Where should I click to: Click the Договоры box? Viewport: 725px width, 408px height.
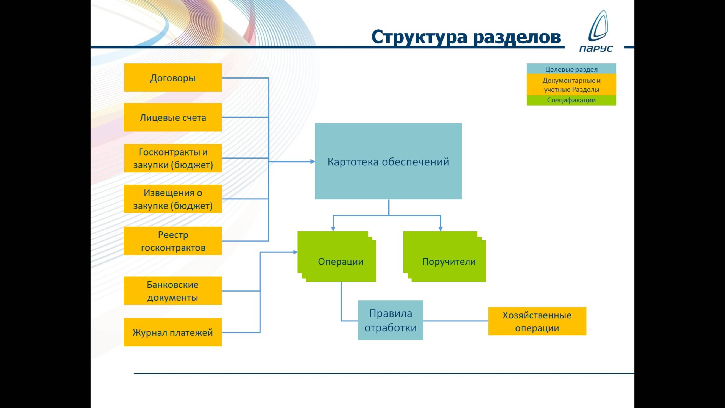coord(173,78)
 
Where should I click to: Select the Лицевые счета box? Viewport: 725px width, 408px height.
coord(173,117)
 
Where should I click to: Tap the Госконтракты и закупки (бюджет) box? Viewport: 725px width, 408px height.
coord(173,158)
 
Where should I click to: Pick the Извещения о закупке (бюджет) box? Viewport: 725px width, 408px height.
coord(173,199)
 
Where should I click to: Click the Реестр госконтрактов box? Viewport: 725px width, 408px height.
coord(173,241)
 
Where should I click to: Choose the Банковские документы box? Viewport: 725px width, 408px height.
coord(173,291)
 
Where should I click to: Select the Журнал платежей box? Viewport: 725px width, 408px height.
coord(173,332)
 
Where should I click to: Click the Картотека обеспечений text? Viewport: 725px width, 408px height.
coord(388,162)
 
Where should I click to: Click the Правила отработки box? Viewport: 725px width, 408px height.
coord(390,320)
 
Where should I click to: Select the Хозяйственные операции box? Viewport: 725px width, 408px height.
coord(537,321)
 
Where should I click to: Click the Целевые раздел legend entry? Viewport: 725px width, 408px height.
coord(571,69)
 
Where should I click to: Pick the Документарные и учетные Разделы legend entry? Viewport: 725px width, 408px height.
coord(571,85)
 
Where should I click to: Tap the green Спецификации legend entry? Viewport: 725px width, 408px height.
coord(571,100)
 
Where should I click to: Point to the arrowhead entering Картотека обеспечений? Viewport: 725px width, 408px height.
coord(313,162)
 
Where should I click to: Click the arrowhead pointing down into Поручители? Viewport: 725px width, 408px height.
coord(440,229)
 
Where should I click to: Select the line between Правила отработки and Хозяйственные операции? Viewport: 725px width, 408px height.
coord(455,321)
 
